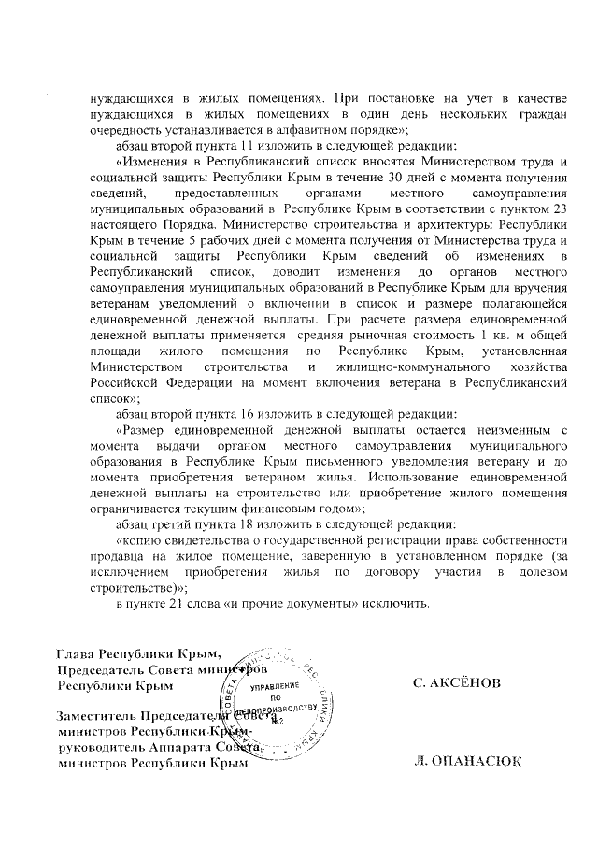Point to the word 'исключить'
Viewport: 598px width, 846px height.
click(x=399, y=603)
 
